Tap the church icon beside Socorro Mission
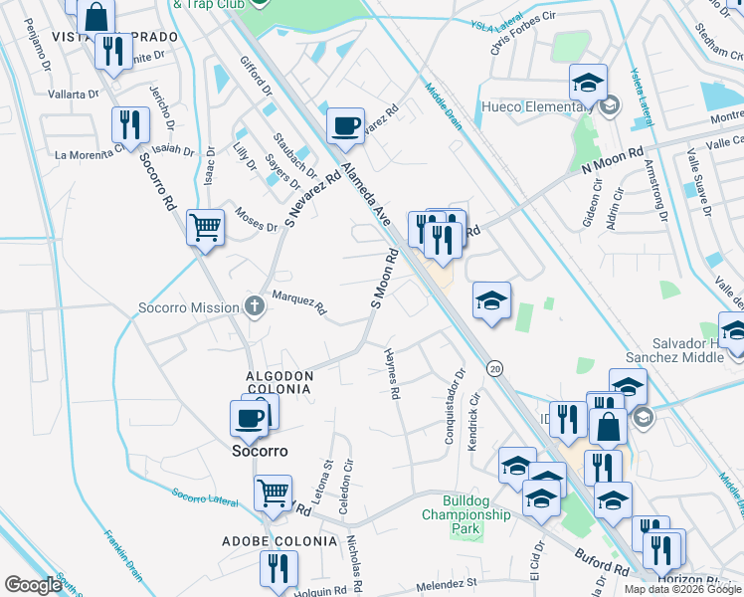tap(256, 307)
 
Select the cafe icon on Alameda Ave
tap(344, 126)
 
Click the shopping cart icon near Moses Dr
tap(205, 228)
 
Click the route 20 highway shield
tap(494, 368)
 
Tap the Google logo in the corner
tap(33, 585)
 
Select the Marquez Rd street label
tap(299, 303)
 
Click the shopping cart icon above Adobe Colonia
tap(273, 493)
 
